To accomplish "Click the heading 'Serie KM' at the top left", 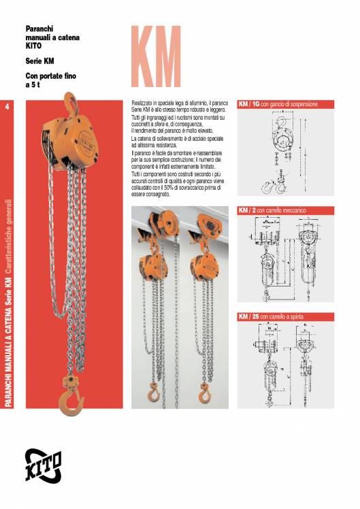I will pos(39,61).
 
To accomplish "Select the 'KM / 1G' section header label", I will pos(248,105).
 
